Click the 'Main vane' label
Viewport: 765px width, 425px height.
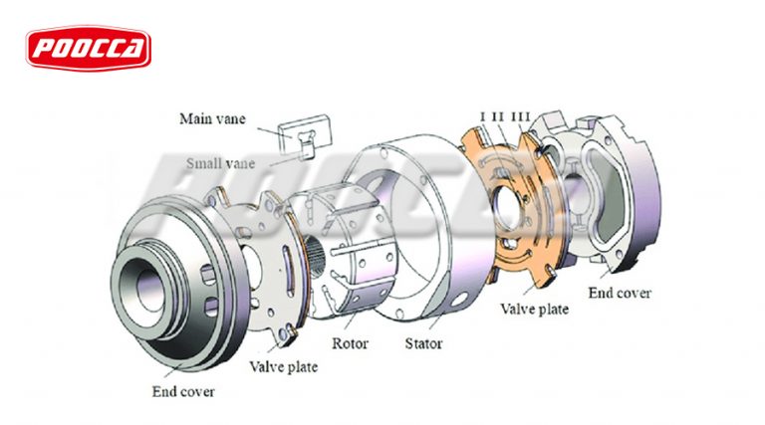209,119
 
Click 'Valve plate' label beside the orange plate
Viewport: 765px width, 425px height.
534,309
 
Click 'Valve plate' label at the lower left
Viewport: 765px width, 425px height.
284,367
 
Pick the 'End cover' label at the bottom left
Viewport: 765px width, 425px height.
183,392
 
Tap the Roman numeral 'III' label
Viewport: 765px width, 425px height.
520,117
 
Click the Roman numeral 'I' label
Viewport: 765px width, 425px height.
482,117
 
